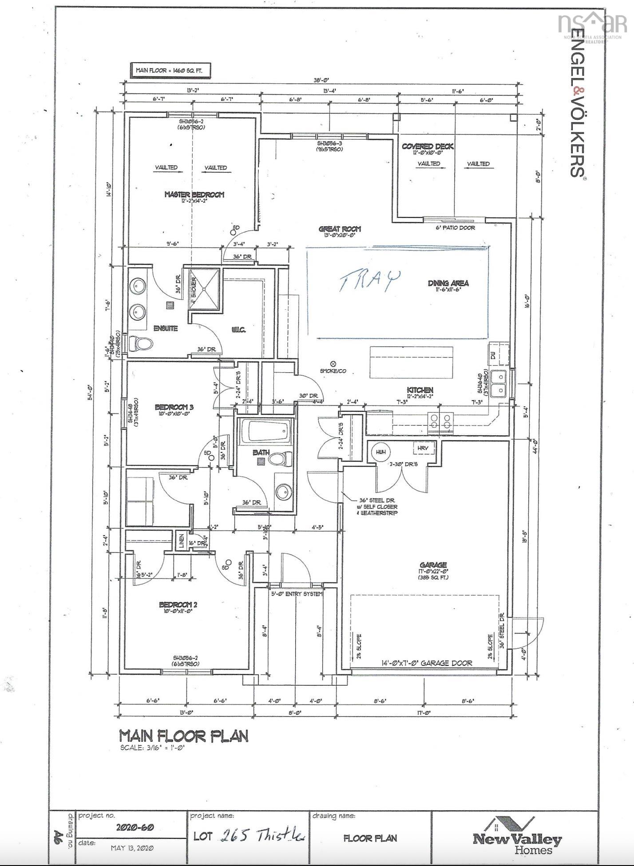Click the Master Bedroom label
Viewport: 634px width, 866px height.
(194, 194)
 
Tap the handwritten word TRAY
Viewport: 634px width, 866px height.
(370, 280)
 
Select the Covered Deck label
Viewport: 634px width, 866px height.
(428, 147)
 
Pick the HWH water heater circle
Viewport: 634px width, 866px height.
(380, 452)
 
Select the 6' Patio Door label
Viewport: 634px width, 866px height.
(455, 228)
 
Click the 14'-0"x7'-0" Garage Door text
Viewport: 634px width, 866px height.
(427, 663)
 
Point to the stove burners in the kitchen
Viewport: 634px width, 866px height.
(440, 421)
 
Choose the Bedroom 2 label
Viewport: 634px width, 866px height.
(178, 605)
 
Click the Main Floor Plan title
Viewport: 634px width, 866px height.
(183, 736)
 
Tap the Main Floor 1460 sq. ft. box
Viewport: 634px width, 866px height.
(170, 70)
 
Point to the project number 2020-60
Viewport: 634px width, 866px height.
(135, 828)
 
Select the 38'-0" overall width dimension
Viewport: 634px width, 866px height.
(321, 80)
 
